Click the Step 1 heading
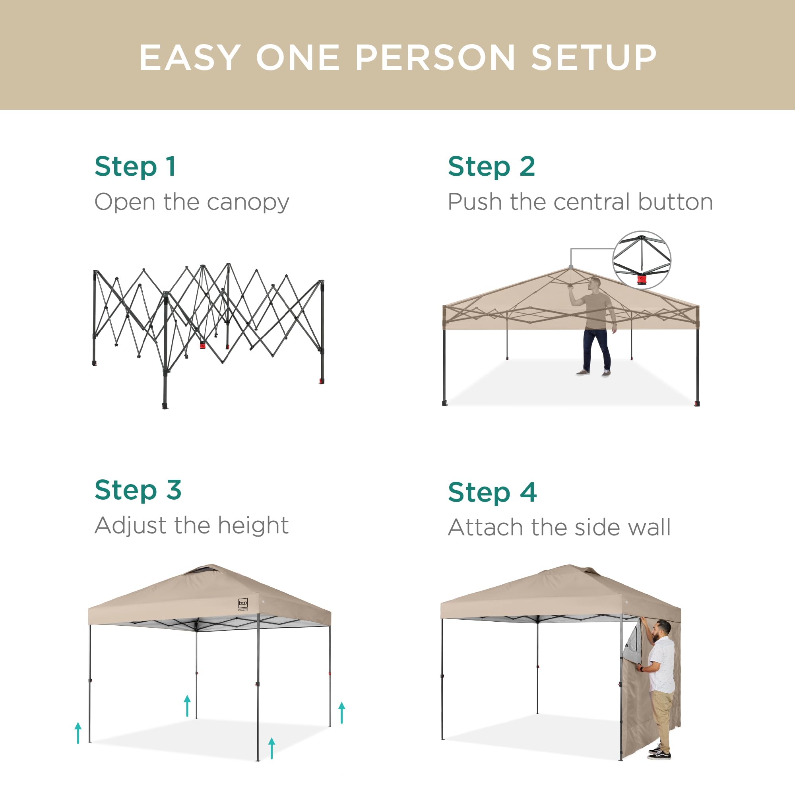pyautogui.click(x=136, y=167)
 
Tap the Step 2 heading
pyautogui.click(x=491, y=167)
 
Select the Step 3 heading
pyautogui.click(x=138, y=490)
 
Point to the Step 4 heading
pyautogui.click(x=492, y=492)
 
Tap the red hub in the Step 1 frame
pyautogui.click(x=202, y=344)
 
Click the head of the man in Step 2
pyautogui.click(x=594, y=283)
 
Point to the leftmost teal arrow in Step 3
pyautogui.click(x=78, y=733)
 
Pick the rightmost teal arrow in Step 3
pyautogui.click(x=341, y=713)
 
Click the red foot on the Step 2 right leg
pyautogui.click(x=697, y=402)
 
